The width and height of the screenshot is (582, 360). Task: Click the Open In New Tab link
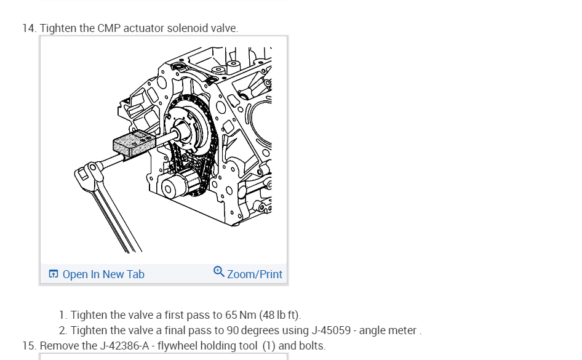103,274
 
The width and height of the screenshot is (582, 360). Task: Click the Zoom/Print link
255,274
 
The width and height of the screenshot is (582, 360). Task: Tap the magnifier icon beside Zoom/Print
219,271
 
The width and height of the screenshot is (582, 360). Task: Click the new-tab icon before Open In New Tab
54,274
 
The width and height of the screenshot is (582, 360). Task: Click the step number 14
29,29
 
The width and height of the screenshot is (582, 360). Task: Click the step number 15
29,346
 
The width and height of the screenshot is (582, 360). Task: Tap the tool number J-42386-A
125,346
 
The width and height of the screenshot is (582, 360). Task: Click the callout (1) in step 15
269,346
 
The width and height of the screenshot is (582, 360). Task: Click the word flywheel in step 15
179,346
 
